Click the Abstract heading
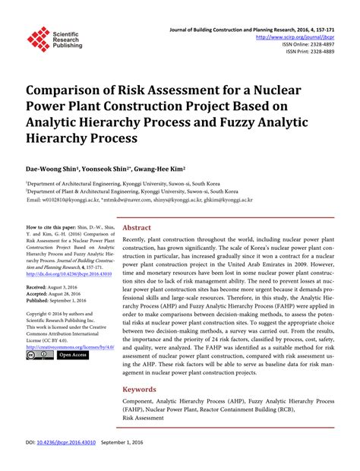click(137, 227)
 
